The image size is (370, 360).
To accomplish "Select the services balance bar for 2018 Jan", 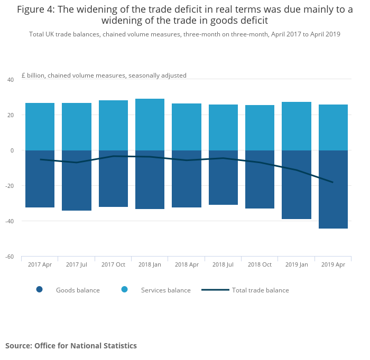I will coord(150,125).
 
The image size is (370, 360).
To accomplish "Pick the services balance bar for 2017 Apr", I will coord(40,127).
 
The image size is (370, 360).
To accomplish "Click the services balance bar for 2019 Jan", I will coord(297,126).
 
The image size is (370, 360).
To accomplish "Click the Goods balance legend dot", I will coord(39,289).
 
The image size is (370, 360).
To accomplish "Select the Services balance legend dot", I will coord(125,289).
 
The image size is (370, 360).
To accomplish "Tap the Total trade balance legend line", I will coord(215,290).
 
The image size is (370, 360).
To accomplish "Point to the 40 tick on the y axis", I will coord(10,80).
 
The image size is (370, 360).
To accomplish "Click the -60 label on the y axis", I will coord(9,257).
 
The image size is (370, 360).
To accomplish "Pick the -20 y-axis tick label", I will coord(9,186).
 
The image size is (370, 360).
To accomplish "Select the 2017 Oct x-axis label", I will coord(113,264).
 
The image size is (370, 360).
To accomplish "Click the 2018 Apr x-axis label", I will coord(186,264).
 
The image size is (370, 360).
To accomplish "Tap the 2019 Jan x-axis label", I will coord(296,264).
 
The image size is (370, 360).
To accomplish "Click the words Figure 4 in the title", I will coord(38,9).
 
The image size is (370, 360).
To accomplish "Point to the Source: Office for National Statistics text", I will coord(71,346).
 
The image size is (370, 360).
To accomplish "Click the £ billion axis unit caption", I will coord(104,75).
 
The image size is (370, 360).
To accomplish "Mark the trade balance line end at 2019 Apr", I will coord(333,182).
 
